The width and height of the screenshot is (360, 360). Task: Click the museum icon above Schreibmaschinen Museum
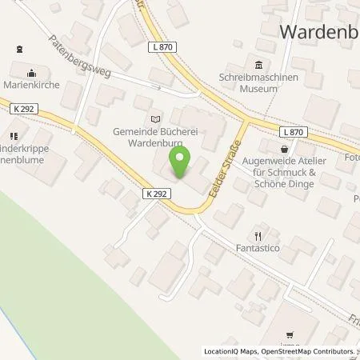(258, 66)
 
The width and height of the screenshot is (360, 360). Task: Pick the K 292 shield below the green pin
(156, 193)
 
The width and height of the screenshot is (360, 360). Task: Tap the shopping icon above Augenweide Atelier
(285, 149)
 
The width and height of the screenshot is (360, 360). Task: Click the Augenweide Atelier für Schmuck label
(290, 168)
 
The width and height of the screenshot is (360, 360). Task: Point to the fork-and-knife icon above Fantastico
(258, 236)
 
